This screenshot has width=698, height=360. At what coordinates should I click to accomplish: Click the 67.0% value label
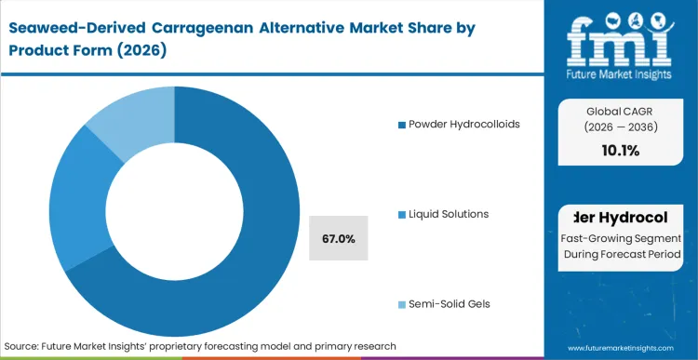pyautogui.click(x=338, y=239)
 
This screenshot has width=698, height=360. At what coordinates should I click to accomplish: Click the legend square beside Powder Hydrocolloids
pyautogui.click(x=401, y=125)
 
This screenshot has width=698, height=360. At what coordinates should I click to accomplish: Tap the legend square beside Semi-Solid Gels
pyautogui.click(x=401, y=304)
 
